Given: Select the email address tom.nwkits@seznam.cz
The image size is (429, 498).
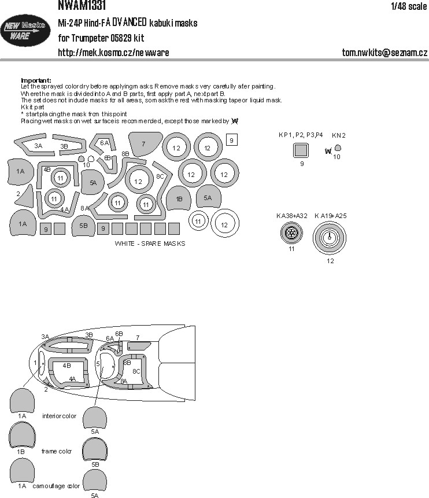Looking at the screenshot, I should (384, 53).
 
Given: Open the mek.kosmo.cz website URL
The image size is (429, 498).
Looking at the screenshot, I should (113, 53).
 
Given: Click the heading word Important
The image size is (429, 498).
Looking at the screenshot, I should (36, 80).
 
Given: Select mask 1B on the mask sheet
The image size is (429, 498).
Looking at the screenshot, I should (179, 200).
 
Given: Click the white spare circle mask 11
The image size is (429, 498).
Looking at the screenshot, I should (198, 221).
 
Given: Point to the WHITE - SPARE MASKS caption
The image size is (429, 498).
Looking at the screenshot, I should (150, 244).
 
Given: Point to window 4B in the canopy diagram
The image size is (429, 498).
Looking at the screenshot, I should (67, 366).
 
